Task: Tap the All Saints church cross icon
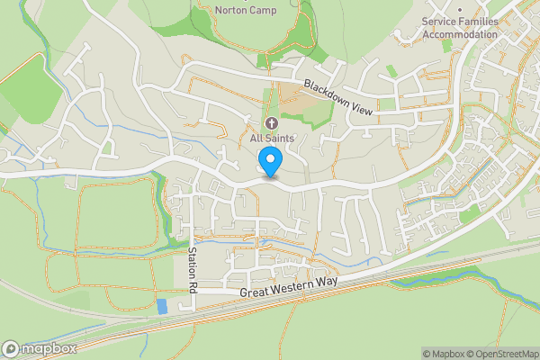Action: point(271,122)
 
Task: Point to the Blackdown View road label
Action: point(338,96)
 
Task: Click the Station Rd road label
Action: point(193,267)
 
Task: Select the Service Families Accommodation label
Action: point(460,27)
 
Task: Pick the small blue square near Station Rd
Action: point(161,306)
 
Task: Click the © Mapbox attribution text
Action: point(443,353)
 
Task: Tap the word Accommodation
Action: point(460,34)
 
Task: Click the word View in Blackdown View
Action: point(360,105)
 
